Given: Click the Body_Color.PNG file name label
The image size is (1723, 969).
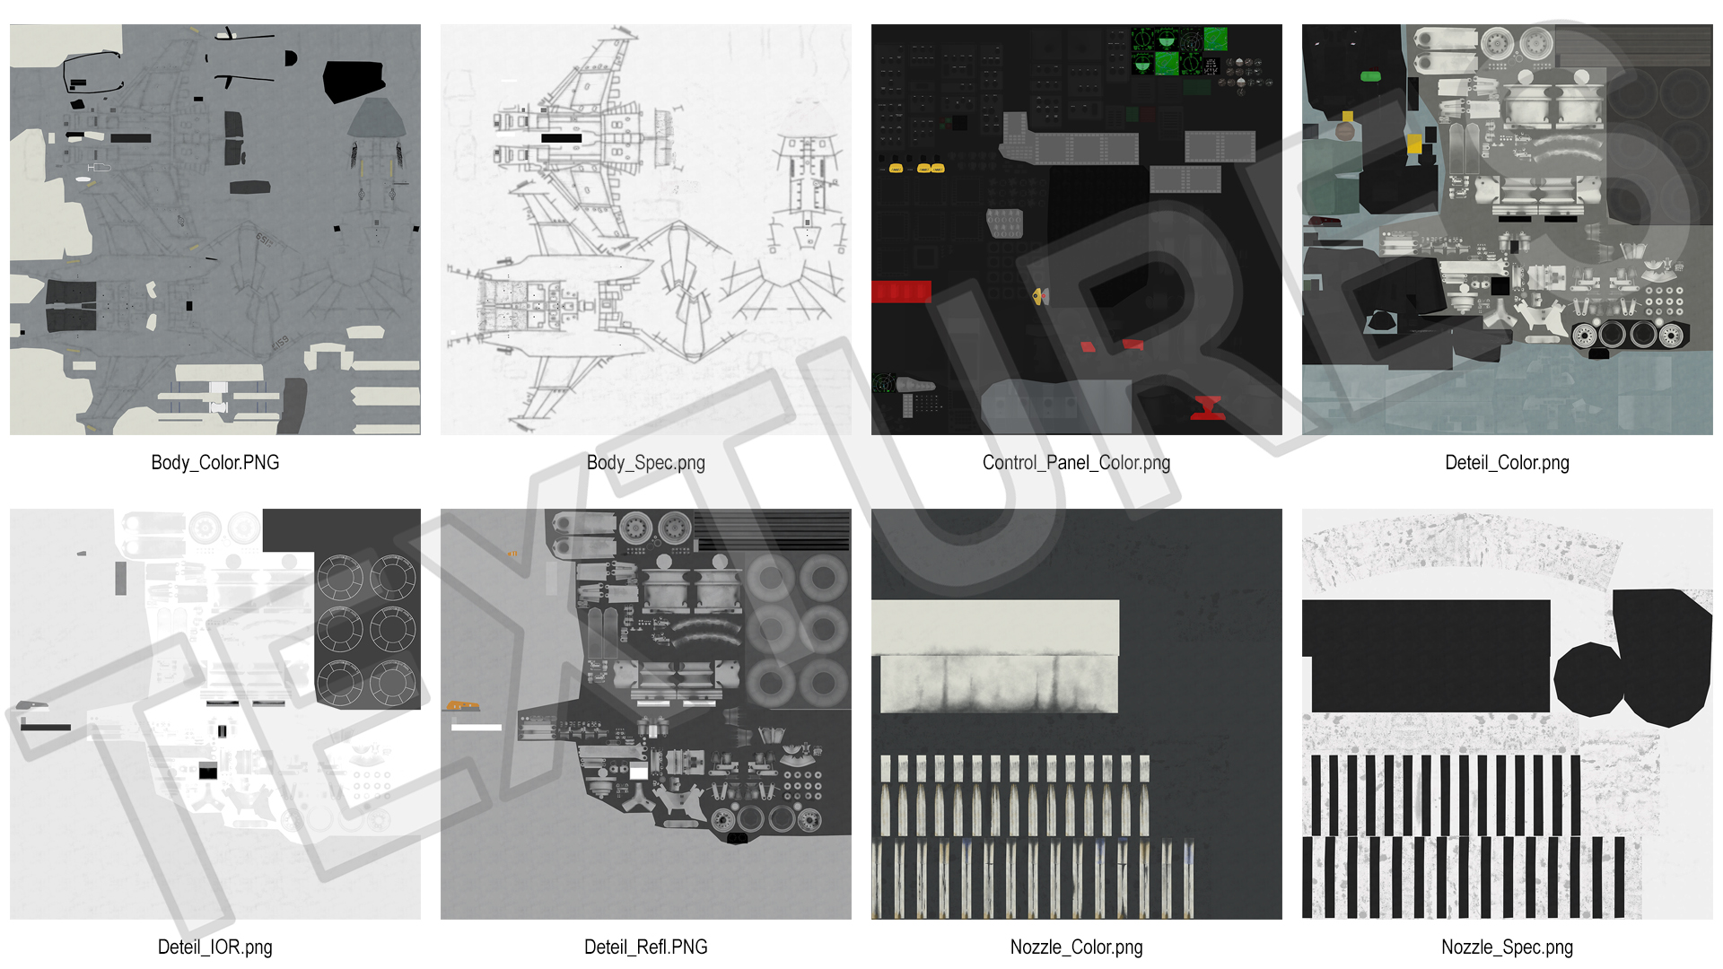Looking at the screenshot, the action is point(215,463).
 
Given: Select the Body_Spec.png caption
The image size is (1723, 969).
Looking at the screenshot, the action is point(646,463).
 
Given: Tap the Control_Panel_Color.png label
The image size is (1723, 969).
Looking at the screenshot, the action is point(1077,463).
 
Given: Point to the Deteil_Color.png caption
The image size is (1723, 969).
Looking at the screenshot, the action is point(1508,463).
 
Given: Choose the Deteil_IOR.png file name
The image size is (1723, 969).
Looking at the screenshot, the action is point(215,947).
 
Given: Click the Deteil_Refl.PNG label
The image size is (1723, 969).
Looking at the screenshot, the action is point(646,947).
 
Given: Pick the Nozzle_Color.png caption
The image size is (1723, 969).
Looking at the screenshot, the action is point(1077,947).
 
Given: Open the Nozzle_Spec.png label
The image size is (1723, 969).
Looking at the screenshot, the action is point(1508,947).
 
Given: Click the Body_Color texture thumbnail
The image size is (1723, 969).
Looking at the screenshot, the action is point(215,230).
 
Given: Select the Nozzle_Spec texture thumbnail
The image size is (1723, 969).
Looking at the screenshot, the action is point(1508,714).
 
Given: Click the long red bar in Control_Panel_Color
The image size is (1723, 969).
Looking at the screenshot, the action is point(901,292).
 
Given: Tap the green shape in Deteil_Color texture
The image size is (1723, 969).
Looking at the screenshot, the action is point(1370,76).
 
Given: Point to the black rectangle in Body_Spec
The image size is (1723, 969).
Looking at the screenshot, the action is point(562,138).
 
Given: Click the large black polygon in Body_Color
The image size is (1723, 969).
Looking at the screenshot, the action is point(354,81).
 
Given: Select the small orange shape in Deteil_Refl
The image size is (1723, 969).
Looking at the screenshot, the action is point(463,705).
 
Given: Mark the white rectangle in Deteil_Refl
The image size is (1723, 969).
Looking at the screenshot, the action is point(477,727).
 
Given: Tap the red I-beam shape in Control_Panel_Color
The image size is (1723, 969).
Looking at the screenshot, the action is point(1208,407).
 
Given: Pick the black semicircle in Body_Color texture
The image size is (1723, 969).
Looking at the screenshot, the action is point(290,58).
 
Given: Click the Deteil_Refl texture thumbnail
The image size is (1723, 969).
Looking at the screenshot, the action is point(646,714).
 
